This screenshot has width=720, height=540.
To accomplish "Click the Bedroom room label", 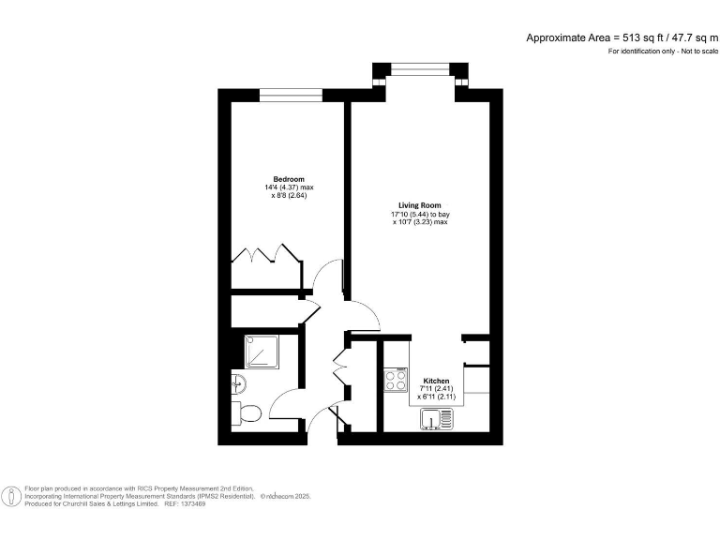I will coord(289,179).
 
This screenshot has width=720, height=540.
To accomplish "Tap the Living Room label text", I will coord(419,205).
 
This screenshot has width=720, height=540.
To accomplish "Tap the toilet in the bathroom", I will coord(247,412).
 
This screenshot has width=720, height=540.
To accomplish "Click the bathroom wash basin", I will coord(237,382).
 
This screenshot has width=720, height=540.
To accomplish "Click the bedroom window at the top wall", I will coord(291,93).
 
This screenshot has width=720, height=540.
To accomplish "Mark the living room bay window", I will coord(419,67).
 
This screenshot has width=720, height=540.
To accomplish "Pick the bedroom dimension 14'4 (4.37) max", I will coord(289,187).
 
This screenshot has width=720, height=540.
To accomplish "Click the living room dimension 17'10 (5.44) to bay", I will coord(420,214).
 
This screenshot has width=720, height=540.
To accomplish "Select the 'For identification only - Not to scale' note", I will coord(662,51).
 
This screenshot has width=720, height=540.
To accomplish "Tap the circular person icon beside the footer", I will coord(11,496).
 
